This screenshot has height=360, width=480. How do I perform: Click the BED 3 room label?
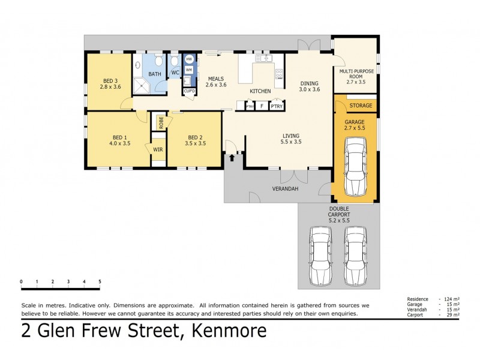click(110, 81)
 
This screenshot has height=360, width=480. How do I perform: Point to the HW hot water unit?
click(189, 59)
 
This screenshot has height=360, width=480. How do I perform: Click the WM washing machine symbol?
click(189, 70)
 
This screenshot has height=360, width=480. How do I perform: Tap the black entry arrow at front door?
click(233, 157)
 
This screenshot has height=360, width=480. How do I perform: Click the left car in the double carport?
click(320, 256)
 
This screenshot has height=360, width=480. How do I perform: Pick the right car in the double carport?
click(355, 256)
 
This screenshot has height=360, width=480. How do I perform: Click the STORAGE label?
click(361, 106)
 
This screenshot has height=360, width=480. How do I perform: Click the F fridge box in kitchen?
click(261, 106)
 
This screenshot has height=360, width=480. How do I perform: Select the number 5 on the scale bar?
click(100, 281)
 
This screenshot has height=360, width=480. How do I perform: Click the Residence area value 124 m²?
click(451, 299)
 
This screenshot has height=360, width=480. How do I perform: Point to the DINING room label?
click(309, 83)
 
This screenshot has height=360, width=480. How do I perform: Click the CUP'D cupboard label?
click(189, 91)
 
